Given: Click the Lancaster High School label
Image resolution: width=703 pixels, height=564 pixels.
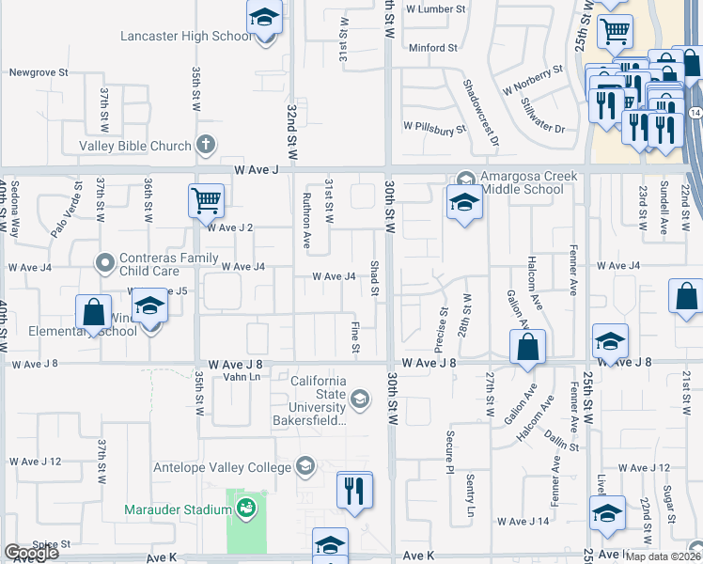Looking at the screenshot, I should tap(186, 36).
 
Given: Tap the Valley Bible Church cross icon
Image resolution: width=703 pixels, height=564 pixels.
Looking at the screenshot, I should tap(207, 145).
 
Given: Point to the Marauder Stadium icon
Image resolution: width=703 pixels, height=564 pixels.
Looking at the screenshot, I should tap(246, 509).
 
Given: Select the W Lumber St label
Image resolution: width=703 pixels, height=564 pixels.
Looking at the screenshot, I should tap(435, 8).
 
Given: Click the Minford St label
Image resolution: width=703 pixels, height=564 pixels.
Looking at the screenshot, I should tap(433, 47).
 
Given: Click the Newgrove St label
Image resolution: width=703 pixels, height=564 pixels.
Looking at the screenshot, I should tap(39, 71).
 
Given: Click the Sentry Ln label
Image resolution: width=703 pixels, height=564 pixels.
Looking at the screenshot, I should tap(470, 497).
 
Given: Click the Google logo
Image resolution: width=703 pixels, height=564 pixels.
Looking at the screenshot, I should tap(31, 554).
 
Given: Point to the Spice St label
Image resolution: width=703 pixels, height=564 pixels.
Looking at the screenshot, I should tap(52, 544).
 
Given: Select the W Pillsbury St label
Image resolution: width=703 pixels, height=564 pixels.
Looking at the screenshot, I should tap(434, 125).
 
